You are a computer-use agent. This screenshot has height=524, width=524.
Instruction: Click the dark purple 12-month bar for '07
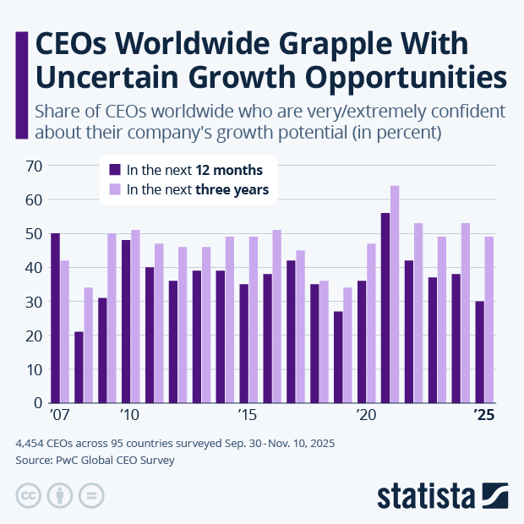coord(55,318)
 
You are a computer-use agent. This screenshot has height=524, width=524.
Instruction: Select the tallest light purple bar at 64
coord(395,294)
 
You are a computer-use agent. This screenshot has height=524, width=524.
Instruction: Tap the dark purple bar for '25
coord(480,352)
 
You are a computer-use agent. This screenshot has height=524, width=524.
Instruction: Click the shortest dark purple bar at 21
coord(79,367)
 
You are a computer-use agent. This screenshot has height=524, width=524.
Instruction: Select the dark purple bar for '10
coord(126,321)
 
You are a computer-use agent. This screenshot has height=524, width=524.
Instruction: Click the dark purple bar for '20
coord(362,341)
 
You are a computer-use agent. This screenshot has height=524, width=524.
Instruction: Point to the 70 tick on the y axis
coord(33,166)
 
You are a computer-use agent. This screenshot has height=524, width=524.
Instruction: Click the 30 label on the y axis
coord(33,302)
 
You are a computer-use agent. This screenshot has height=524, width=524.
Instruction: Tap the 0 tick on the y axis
coord(37,403)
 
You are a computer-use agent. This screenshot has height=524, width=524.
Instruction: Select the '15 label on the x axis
coord(247,416)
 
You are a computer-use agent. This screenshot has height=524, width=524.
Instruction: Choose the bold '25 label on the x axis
coord(483,416)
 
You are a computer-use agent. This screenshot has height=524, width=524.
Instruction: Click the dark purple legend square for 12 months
coord(116,169)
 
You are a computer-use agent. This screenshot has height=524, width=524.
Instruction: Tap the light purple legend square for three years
coord(116,189)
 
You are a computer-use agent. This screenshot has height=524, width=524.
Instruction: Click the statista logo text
coord(426,494)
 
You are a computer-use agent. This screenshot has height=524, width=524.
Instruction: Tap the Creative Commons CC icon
coord(29,495)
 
